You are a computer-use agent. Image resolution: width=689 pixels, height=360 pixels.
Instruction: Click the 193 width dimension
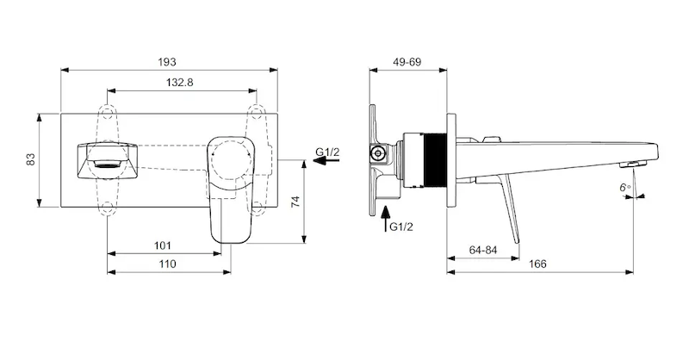click(x=167, y=62)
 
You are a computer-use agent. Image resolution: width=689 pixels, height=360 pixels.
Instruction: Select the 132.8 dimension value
click(x=179, y=82)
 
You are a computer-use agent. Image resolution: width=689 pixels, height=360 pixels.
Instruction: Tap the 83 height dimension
click(x=31, y=159)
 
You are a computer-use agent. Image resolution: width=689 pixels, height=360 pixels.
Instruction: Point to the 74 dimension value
click(x=295, y=202)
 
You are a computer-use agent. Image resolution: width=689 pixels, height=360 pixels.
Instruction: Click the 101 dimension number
click(x=163, y=245)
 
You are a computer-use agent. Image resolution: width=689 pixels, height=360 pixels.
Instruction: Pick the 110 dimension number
click(x=167, y=264)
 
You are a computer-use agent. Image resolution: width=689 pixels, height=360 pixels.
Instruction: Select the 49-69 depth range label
click(x=407, y=62)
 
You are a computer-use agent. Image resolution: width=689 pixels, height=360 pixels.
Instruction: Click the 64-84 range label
click(x=483, y=250)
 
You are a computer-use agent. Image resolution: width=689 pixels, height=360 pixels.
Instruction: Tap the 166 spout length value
click(x=537, y=264)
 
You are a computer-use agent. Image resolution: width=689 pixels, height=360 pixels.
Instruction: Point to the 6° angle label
click(x=625, y=188)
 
